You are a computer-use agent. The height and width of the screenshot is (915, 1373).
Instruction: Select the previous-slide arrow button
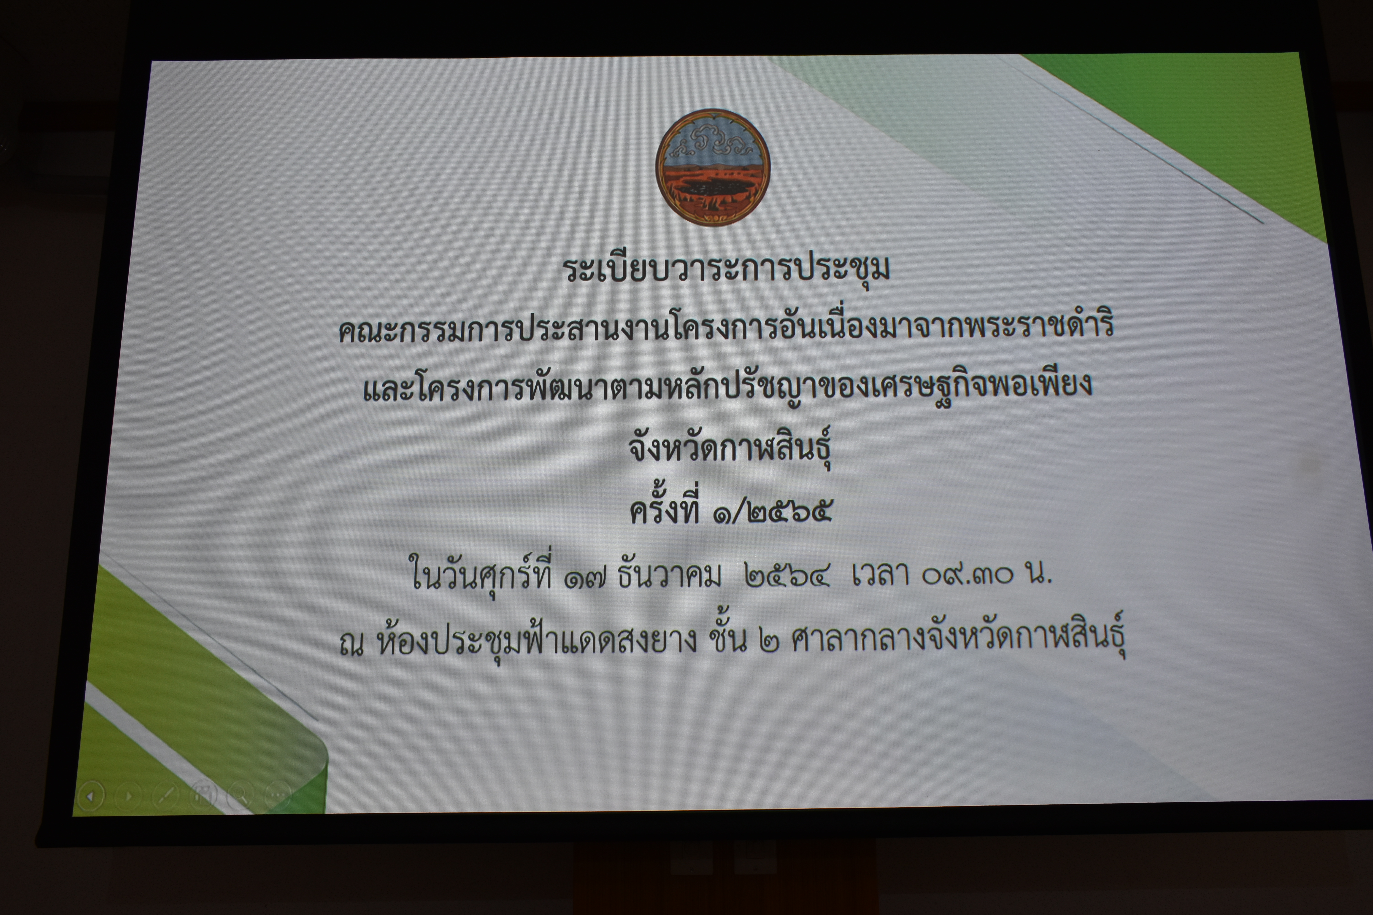[90, 796]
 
